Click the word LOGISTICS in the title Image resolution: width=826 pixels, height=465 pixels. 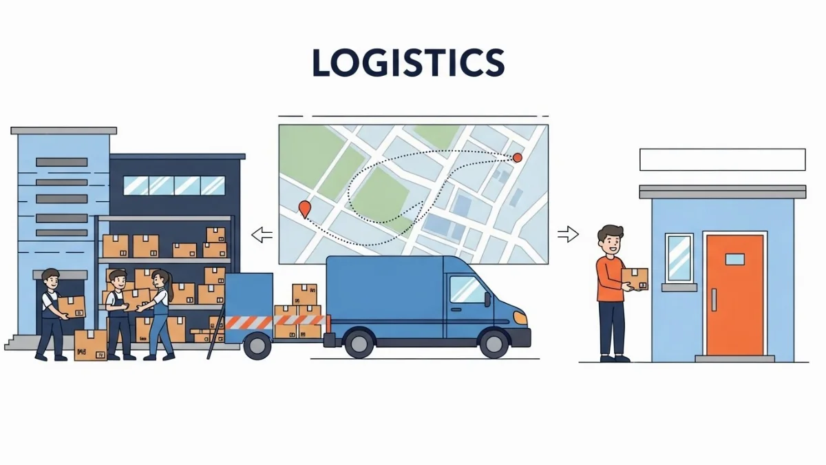pos(408,63)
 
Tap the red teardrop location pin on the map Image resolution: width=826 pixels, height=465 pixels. pos(304,208)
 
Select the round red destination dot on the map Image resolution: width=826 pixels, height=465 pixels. pos(518,158)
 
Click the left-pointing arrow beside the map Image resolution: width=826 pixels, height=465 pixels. pos(262,235)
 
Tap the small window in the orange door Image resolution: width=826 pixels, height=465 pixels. pos(734,259)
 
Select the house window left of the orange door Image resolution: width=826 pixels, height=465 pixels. pos(679,258)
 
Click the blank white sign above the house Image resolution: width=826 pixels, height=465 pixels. pos(722,159)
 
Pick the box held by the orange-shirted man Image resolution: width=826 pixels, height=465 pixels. pos(635,278)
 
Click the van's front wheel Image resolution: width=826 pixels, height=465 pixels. pos(494,342)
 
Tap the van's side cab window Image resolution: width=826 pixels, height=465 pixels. pos(468,289)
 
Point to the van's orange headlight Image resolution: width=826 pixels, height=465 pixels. pos(521,318)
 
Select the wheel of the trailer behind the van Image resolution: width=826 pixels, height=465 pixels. pos(257,344)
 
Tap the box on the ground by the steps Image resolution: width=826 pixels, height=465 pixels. pos(90,345)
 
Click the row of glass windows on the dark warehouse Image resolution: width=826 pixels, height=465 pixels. pos(174,185)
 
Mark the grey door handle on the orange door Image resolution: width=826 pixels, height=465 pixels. pos(714,300)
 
